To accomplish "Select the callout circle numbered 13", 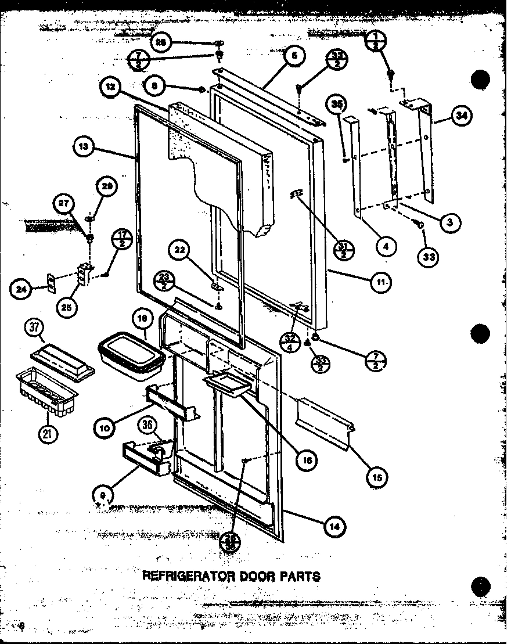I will click(x=84, y=147).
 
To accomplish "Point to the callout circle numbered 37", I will click(x=33, y=329).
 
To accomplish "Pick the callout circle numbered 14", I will click(x=335, y=527).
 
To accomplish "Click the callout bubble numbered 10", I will click(x=105, y=429).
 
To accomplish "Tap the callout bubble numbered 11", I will click(x=381, y=282).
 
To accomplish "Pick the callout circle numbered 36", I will click(x=147, y=426).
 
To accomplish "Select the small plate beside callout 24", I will click(x=51, y=284).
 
